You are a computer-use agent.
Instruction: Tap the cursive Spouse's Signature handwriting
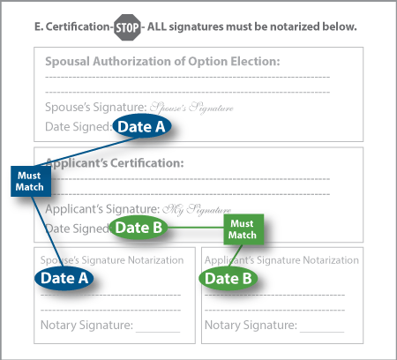pos(191,108)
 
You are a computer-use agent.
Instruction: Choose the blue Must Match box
pos(27,182)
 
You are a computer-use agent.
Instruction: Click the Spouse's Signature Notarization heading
pos(111,260)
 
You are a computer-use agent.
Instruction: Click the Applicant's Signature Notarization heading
pos(281,260)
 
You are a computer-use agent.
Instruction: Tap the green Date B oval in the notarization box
pos(228,279)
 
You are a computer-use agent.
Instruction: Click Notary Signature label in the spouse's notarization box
pos(86,326)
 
